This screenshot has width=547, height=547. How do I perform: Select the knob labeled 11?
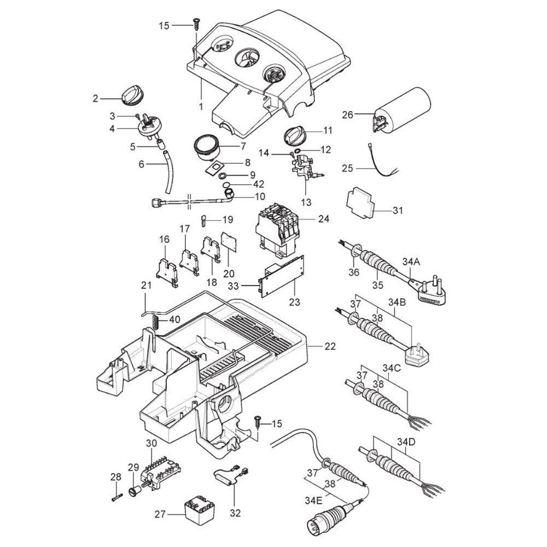[x=296, y=133]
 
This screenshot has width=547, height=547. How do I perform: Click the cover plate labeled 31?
[x=363, y=204]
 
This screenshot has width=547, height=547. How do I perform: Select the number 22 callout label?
[x=330, y=347]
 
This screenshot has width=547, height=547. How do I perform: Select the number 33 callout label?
[x=248, y=285]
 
